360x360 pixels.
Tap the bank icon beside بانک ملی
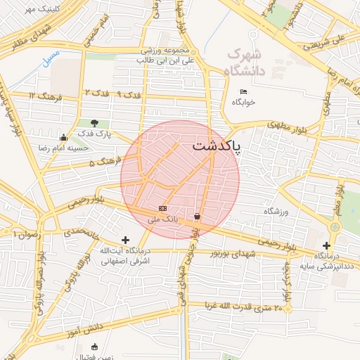click(163, 208)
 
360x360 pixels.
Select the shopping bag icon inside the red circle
click(198, 216)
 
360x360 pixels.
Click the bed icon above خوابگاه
click(243, 92)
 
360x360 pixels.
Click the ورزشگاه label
click(276, 211)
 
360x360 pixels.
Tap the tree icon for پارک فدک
click(94, 124)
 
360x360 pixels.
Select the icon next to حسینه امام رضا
click(64, 138)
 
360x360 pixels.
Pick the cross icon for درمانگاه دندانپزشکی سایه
click(327, 245)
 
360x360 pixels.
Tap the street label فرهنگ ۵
click(105, 163)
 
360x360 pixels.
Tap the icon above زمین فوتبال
click(95, 346)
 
